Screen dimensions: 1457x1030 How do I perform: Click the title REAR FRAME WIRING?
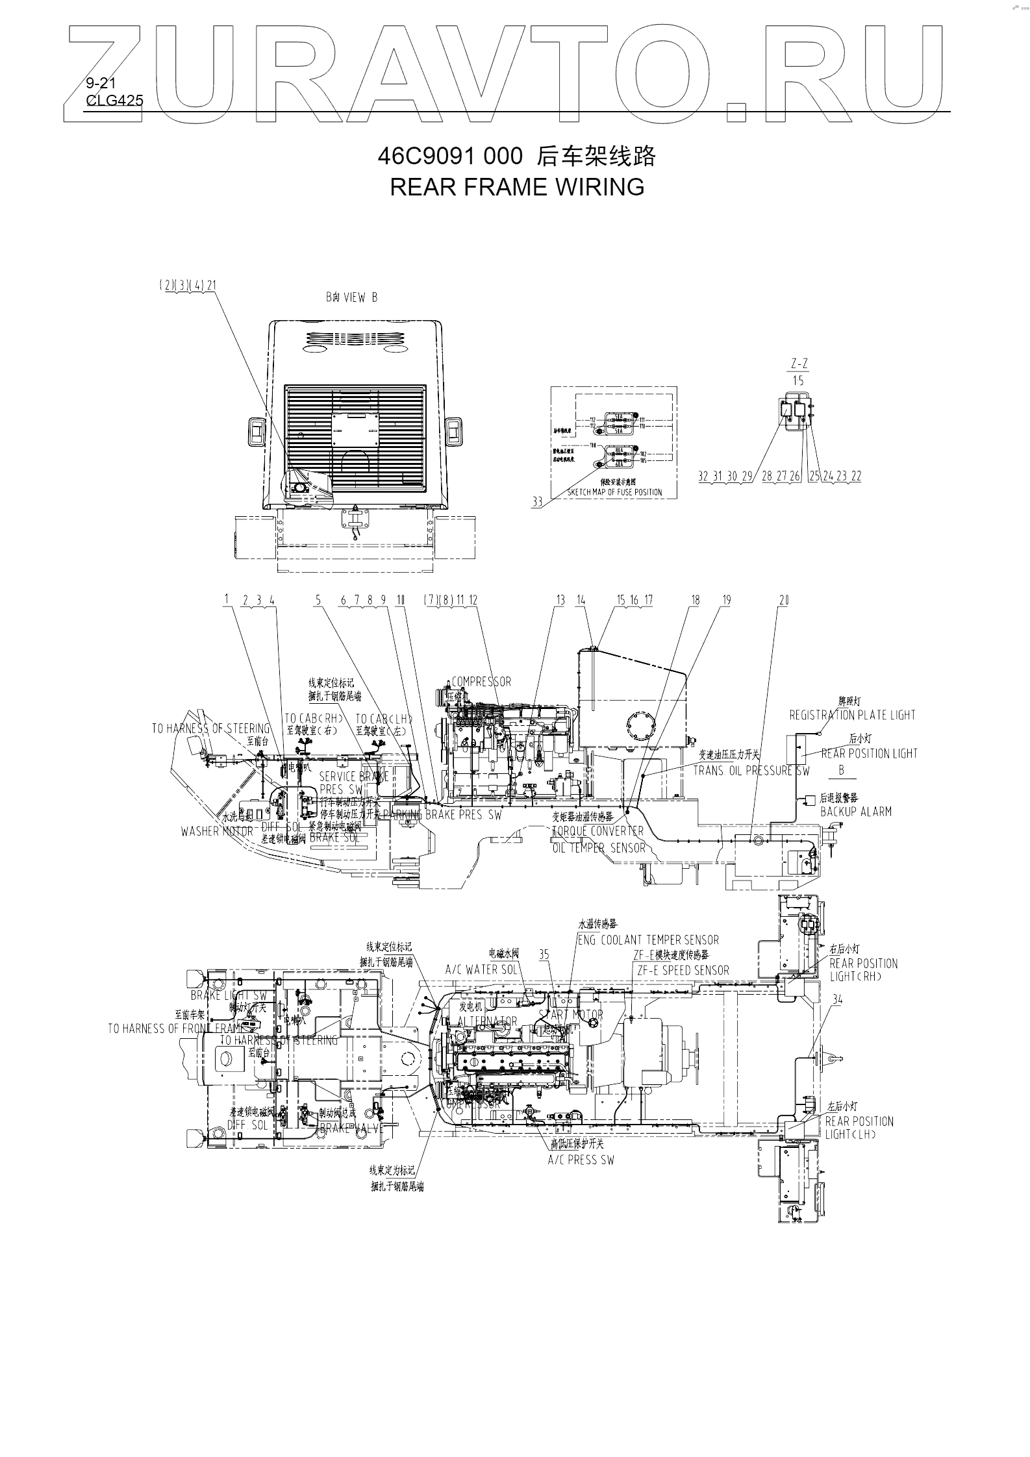point(517,187)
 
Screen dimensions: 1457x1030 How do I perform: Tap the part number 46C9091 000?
point(449,156)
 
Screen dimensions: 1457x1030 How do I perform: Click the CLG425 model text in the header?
point(114,100)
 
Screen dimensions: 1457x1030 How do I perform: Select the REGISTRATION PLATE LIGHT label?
point(852,716)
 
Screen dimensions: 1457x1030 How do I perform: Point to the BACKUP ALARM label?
point(856,812)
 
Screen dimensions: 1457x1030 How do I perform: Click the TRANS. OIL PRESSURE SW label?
point(751,771)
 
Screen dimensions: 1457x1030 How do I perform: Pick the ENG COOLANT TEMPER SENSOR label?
point(648,940)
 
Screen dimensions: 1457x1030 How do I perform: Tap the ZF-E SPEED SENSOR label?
point(683,971)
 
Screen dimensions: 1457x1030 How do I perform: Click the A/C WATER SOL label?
point(481,969)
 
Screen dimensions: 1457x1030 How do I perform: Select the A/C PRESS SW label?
point(581,1124)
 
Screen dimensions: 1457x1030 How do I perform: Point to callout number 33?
point(537,503)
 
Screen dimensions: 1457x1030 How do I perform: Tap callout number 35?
point(544,954)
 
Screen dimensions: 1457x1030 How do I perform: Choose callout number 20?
point(784,601)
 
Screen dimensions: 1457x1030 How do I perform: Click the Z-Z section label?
point(799,364)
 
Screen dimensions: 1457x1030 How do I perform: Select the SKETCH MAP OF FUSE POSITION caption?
point(614,492)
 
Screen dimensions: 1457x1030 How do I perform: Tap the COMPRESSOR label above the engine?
point(481,682)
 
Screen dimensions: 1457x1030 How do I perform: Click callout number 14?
point(581,601)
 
